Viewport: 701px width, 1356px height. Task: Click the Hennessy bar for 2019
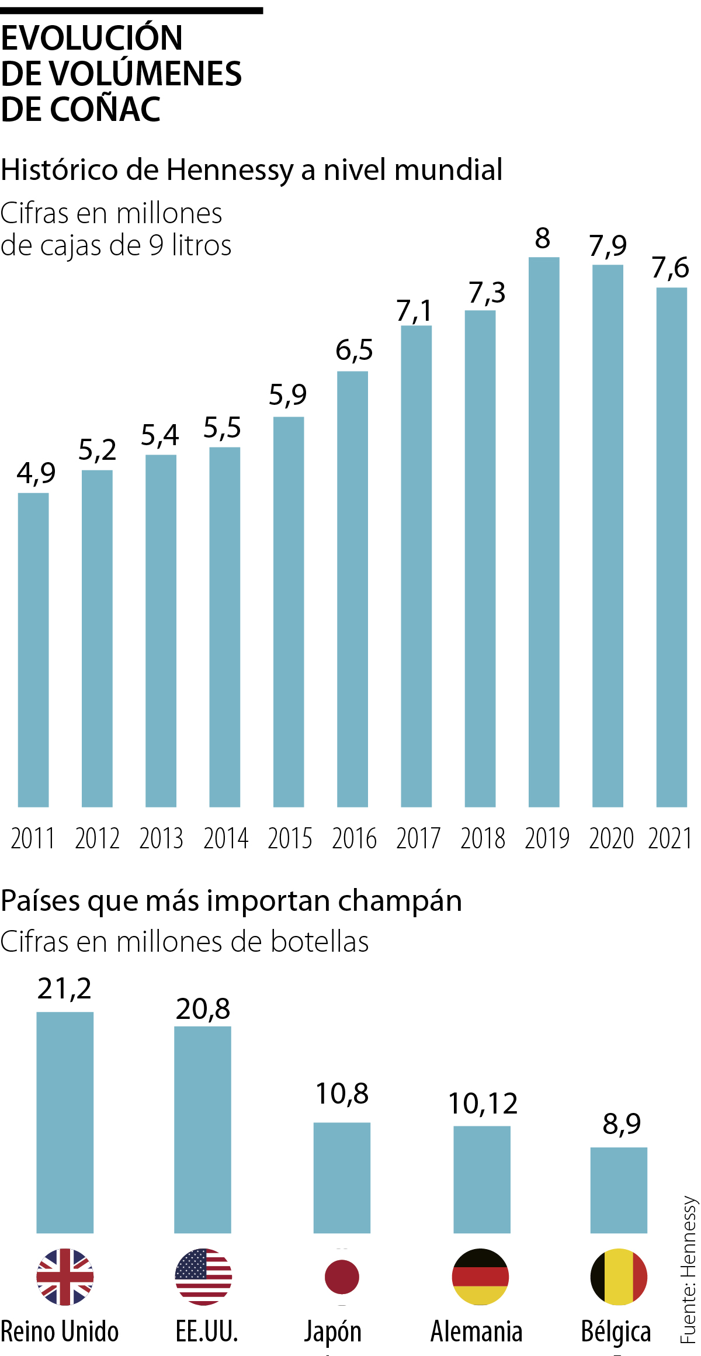(544, 532)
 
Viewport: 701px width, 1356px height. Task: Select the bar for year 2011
(33, 650)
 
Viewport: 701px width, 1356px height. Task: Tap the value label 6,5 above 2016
(354, 350)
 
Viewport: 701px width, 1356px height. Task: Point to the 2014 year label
(225, 838)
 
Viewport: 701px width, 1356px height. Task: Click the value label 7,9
(608, 245)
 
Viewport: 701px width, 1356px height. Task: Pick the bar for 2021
(671, 547)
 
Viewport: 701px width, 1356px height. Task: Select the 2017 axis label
(418, 838)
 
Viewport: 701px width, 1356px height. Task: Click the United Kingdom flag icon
(65, 1277)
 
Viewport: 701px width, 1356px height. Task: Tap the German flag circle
(480, 1277)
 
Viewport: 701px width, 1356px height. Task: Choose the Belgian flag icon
(619, 1277)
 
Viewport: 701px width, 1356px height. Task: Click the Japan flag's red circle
(342, 1277)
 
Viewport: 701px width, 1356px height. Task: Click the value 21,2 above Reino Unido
(64, 989)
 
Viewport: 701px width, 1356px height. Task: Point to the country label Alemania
(477, 1332)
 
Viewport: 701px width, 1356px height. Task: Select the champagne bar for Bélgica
(619, 1190)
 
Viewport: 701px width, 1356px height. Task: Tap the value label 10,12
(483, 1104)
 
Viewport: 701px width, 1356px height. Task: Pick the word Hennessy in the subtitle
(230, 170)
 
